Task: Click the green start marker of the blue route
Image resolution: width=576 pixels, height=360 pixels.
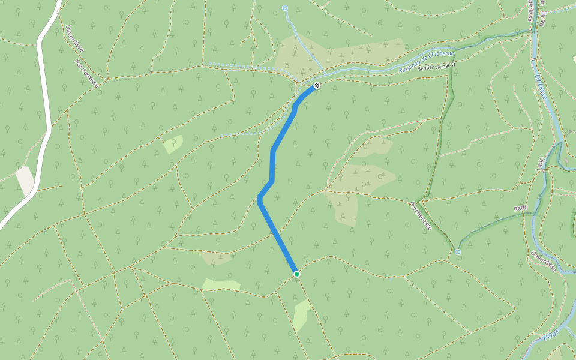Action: coord(296,274)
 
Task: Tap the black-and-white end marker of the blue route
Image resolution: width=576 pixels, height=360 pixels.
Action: coord(317,86)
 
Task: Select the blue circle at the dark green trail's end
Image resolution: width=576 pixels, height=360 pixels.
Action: coord(458,252)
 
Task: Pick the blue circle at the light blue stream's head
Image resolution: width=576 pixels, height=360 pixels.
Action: coord(285,8)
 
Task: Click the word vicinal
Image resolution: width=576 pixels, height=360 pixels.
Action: coord(443,66)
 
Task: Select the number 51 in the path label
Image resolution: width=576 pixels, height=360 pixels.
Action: coord(453,64)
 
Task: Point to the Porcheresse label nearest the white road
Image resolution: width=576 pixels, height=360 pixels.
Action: coord(87,73)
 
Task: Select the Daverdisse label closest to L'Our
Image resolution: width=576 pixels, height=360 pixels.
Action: coord(544,260)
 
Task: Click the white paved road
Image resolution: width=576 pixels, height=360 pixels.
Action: coord(43,102)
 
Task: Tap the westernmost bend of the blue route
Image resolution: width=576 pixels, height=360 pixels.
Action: coord(260,199)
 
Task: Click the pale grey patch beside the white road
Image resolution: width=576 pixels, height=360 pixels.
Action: coord(25,180)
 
